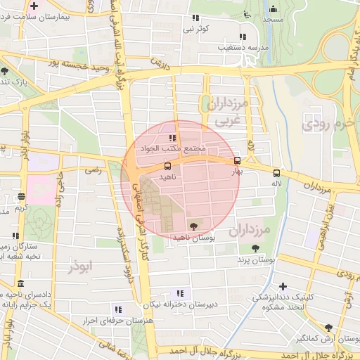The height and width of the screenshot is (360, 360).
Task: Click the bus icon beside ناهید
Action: point(167,167)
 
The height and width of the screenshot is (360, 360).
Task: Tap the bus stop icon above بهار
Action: point(237,160)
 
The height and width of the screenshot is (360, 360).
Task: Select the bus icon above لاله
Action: point(276,173)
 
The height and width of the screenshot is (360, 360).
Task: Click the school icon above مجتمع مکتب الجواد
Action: point(172,138)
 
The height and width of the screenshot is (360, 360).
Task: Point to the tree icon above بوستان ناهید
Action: point(193,226)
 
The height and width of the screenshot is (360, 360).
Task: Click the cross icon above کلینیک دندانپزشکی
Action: point(283,286)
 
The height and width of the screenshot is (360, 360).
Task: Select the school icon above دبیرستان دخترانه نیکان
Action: point(180,292)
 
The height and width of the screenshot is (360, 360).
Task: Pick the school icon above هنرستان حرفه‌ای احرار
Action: point(117,309)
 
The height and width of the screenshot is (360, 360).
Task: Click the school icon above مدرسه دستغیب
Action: point(243,37)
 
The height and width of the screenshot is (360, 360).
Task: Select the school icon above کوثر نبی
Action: point(195,18)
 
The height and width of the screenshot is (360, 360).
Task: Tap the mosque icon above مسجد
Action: point(274,9)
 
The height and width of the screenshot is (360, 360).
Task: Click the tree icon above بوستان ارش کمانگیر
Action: point(328,327)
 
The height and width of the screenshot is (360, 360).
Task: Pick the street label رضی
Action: point(93,170)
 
